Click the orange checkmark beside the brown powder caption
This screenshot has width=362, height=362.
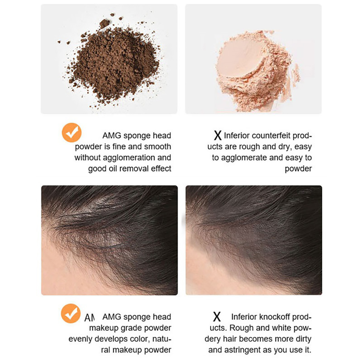coord(72,133)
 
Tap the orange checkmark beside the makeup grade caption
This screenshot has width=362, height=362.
coord(71,313)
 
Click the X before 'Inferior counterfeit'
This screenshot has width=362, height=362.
coord(217,135)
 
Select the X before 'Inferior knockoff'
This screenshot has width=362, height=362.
coord(217,317)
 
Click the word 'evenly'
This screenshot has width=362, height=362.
coord(80,339)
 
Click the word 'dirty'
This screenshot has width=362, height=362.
coord(302,339)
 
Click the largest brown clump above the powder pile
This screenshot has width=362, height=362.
coord(104,23)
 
